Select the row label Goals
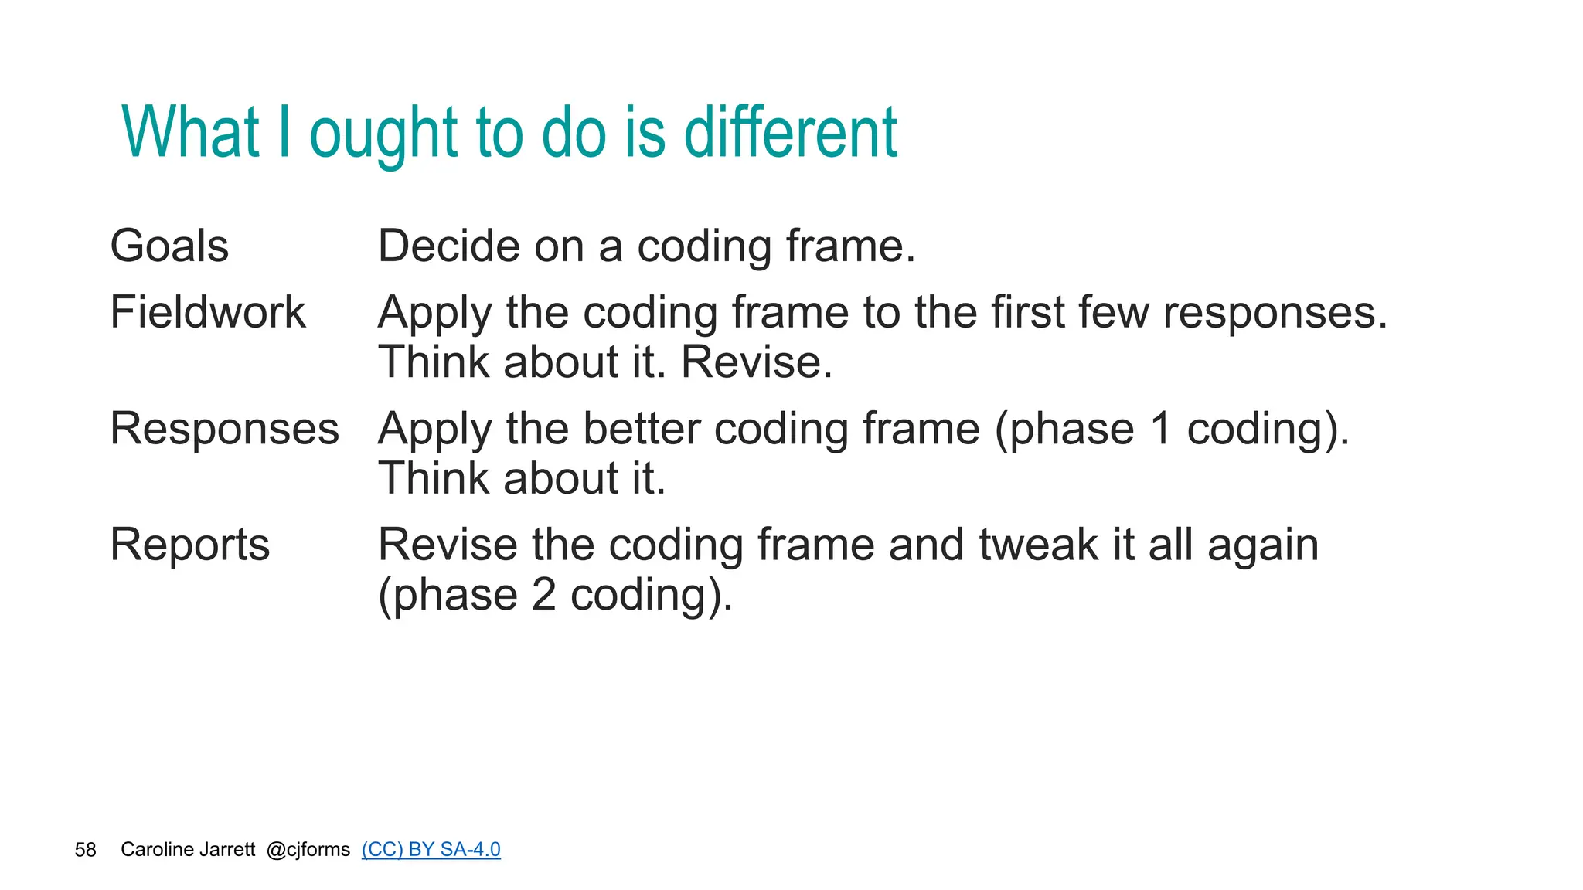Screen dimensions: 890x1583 [169, 246]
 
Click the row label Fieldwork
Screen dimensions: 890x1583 [207, 313]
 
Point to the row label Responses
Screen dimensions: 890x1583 [224, 429]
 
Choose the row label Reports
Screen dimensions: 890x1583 [189, 545]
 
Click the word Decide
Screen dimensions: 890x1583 [449, 246]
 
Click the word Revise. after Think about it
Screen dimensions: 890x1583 [756, 362]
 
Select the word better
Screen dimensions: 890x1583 [641, 429]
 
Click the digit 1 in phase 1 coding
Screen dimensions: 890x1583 [1159, 429]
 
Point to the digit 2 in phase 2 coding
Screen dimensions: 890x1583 [543, 595]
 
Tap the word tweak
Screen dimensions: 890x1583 [1038, 545]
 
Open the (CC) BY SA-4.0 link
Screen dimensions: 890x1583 [431, 849]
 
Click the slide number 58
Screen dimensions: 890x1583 [85, 850]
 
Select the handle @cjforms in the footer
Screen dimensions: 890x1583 [308, 849]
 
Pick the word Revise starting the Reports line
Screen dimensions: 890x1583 [448, 545]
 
